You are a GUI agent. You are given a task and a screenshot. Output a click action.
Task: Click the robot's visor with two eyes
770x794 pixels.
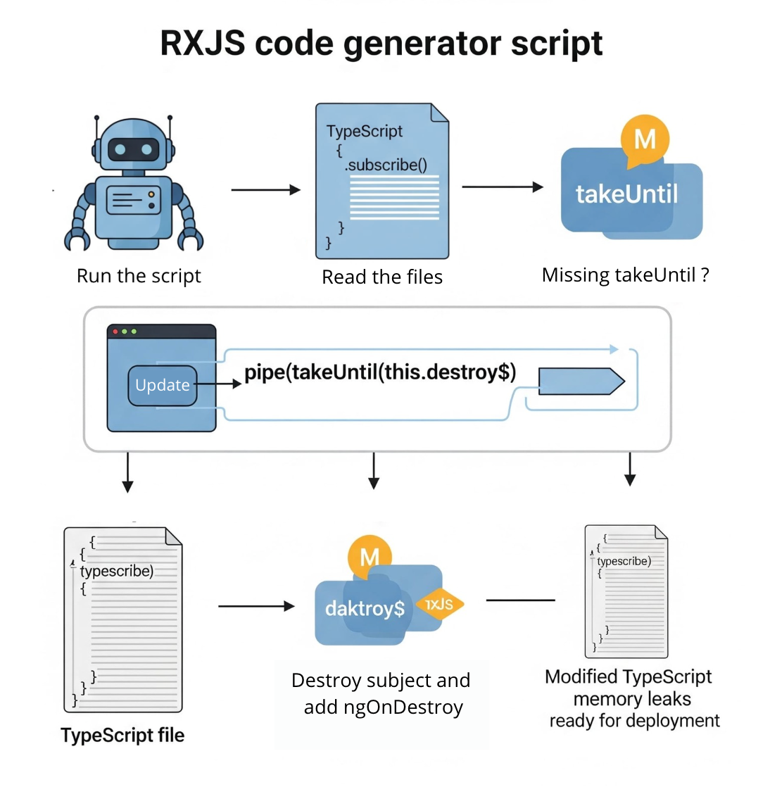(x=134, y=149)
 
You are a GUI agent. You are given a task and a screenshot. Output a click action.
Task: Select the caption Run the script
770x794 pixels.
(x=139, y=276)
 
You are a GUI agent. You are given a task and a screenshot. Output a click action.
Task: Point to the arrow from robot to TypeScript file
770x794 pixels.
(x=265, y=189)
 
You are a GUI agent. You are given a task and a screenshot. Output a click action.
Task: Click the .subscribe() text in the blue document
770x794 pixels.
(x=386, y=165)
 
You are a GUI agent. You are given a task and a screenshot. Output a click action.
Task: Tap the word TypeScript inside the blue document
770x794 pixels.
(x=364, y=132)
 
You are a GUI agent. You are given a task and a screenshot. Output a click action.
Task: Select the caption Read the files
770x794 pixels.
(x=382, y=277)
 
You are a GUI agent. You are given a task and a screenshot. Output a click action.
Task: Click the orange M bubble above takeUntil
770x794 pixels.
(x=644, y=139)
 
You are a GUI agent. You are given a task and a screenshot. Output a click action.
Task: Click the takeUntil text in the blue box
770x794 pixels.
(x=626, y=194)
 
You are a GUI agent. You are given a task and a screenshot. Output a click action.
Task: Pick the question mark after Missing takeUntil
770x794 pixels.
(x=705, y=275)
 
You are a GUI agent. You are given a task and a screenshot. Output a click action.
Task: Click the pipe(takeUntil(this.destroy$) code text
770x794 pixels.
(x=380, y=372)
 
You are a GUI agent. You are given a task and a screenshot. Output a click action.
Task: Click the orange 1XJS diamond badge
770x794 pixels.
(x=439, y=604)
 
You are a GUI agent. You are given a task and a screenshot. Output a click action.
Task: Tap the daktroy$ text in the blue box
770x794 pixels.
(x=365, y=608)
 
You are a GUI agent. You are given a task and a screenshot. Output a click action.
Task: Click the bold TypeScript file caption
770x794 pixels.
(x=122, y=736)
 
